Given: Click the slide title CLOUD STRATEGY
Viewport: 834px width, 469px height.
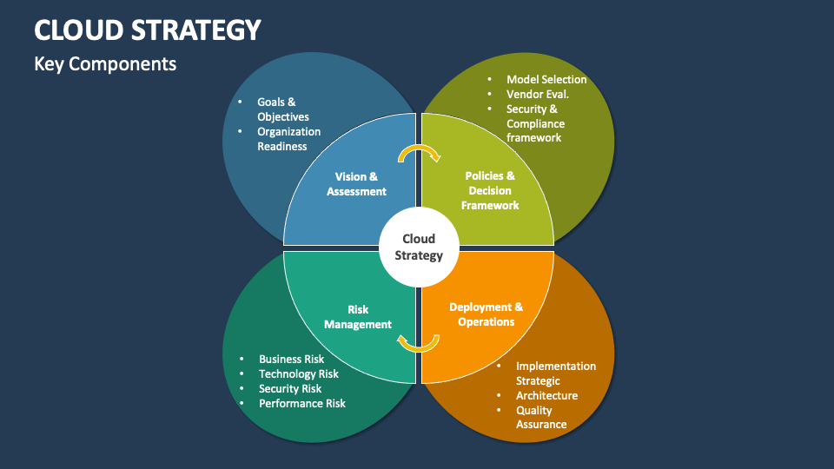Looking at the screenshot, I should [148, 30].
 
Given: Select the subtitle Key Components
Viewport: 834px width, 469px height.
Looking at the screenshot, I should [105, 64].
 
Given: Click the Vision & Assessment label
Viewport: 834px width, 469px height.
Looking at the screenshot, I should [356, 184].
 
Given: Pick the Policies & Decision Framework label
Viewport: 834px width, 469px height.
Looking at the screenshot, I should [490, 190].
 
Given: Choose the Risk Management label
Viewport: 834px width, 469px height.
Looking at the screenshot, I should [358, 316].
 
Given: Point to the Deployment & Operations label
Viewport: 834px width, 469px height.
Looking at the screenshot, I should [486, 314].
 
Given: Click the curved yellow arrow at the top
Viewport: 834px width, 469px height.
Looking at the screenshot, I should [419, 154].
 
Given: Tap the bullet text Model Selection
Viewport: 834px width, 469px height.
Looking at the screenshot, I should [546, 80].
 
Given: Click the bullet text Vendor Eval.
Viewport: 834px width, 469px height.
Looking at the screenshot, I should [538, 95].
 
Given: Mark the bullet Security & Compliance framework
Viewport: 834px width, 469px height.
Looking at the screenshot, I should [535, 123].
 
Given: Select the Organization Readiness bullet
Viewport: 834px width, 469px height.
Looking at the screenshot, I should [288, 139].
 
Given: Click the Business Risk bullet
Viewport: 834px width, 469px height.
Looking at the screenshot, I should [291, 359].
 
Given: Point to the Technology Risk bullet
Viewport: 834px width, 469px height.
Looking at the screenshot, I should [299, 373].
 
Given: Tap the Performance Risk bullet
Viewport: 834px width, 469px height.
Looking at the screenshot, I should [301, 403].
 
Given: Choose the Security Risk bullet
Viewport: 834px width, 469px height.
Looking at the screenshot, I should [290, 388].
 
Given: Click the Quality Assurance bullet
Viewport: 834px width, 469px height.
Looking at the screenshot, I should [541, 417].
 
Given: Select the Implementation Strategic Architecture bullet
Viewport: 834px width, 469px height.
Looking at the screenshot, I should [556, 380].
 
